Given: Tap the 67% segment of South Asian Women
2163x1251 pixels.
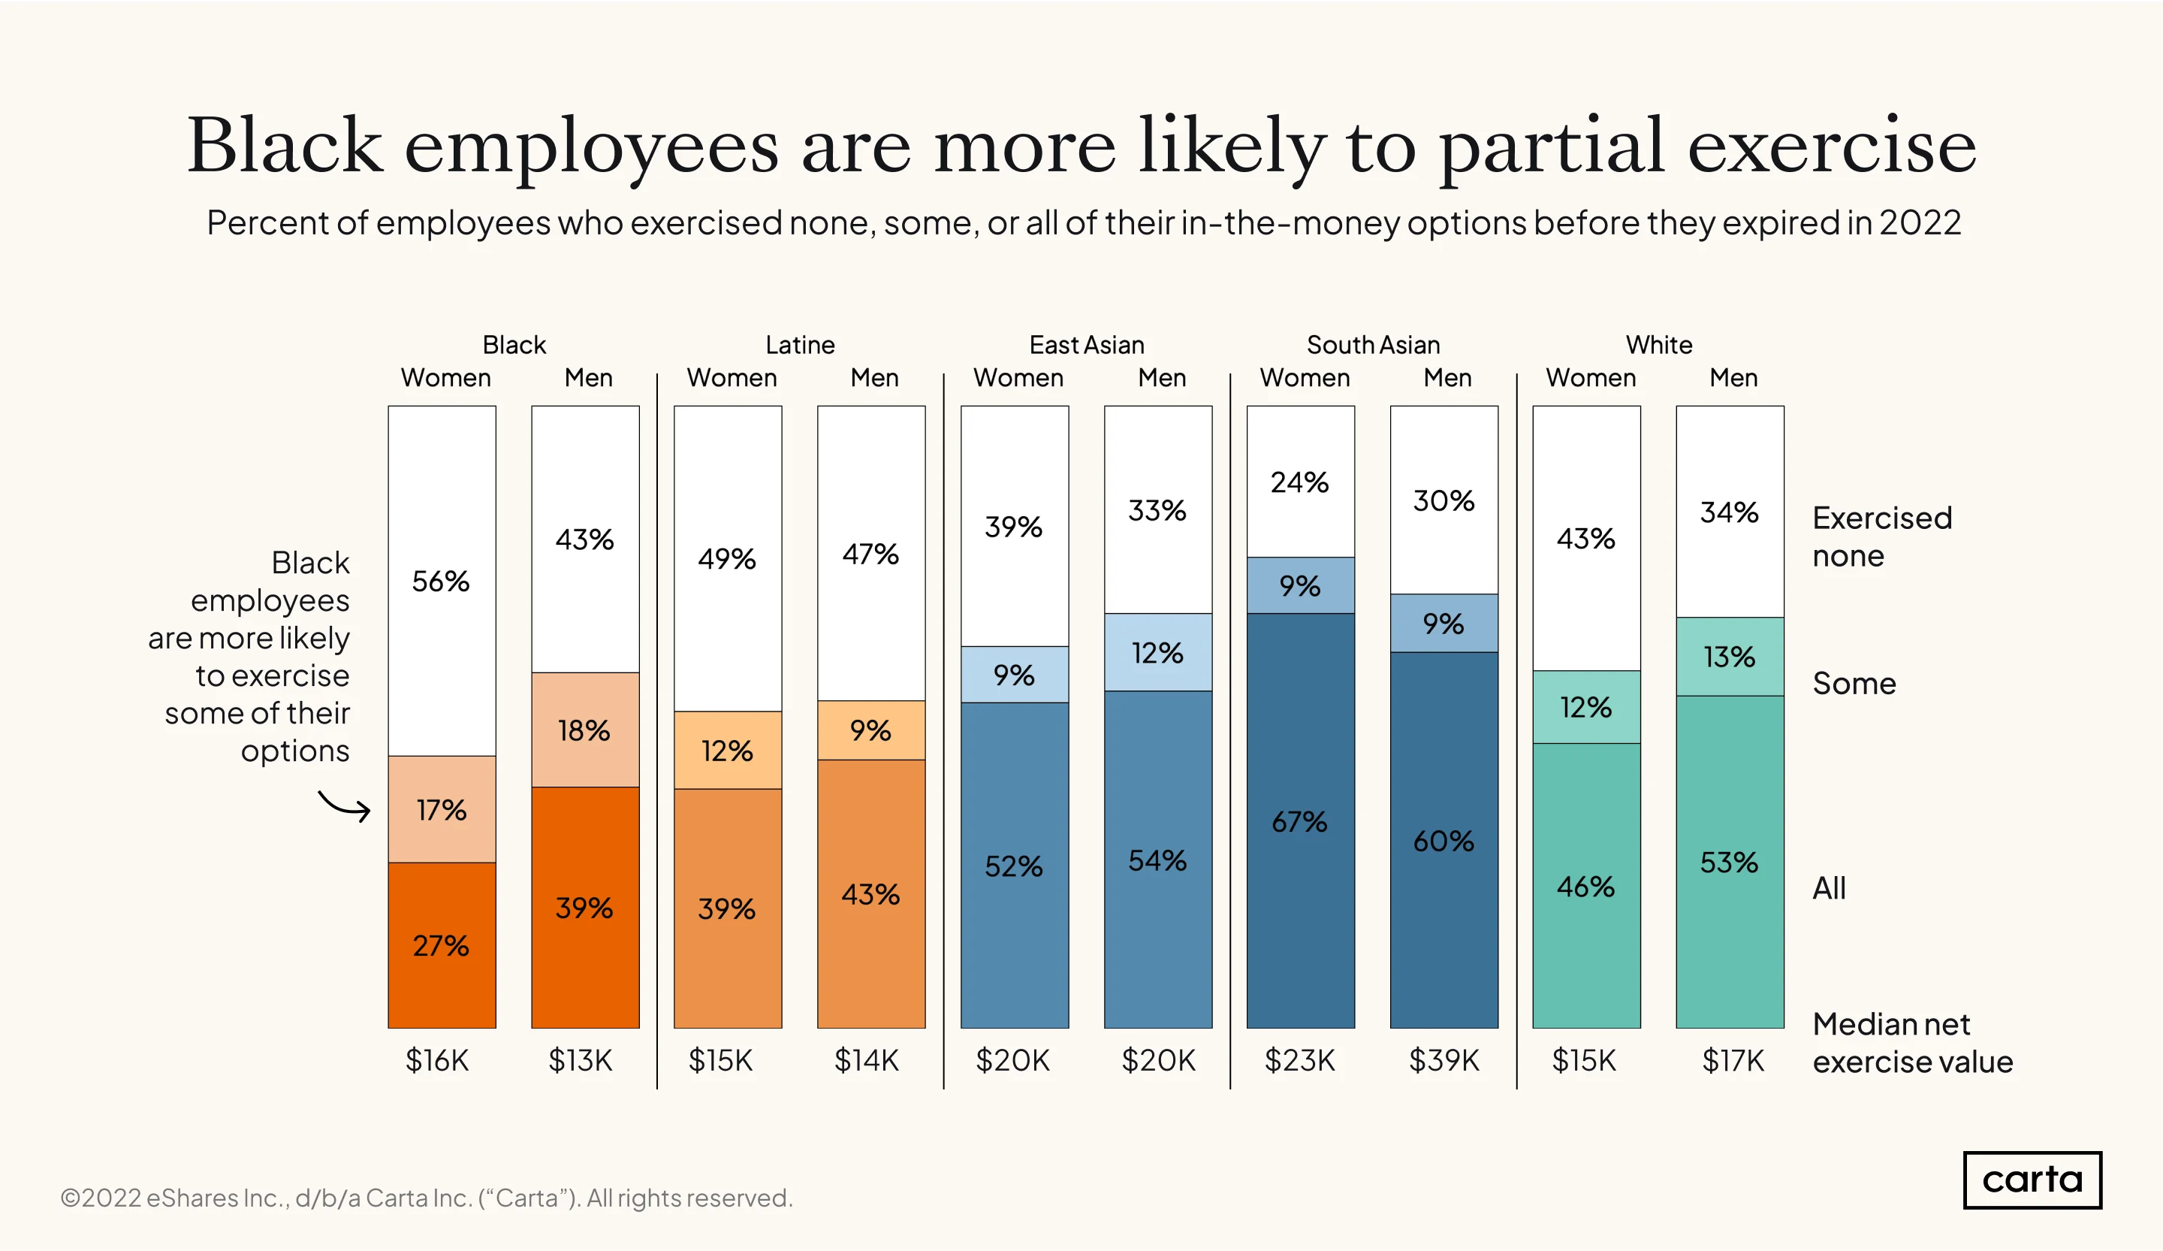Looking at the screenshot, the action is point(1300,820).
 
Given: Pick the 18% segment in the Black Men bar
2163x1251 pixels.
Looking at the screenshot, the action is point(584,729).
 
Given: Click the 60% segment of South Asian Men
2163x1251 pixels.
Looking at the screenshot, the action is point(1444,840).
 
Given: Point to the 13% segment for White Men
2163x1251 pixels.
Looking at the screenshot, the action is point(1730,656).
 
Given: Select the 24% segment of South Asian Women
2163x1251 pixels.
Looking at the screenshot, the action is point(1300,482).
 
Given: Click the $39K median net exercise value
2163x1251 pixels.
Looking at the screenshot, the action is point(1444,1060).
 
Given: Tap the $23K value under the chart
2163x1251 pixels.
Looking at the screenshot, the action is point(1299,1060).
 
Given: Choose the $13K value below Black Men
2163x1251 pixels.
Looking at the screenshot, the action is point(581,1060).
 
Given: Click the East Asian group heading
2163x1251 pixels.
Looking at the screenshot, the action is point(1087,344).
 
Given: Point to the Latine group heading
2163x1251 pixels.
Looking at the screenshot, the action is point(800,344).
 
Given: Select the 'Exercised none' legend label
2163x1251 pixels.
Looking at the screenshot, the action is point(1882,536).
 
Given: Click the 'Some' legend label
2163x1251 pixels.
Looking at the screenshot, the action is point(1854,684).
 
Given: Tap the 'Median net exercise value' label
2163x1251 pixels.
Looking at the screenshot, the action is point(1912,1042).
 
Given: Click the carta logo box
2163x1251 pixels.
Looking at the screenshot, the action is point(2032,1180).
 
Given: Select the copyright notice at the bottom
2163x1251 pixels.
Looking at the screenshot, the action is point(427,1198).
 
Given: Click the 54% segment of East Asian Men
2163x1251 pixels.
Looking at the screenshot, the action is point(1157,860).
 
